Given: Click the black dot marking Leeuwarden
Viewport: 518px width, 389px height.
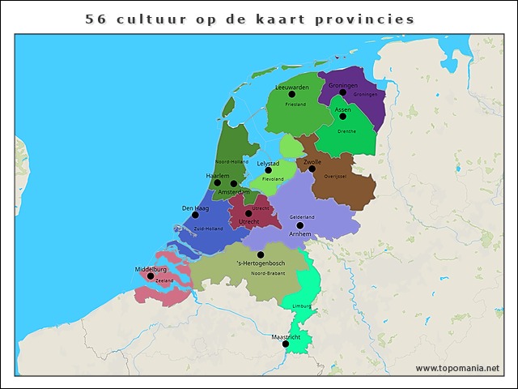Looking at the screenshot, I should (292, 95).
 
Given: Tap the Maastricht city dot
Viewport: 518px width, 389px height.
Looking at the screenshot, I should (286, 344).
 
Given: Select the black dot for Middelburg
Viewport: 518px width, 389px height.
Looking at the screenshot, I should (151, 276).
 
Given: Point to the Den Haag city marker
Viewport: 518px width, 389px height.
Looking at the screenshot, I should (195, 216).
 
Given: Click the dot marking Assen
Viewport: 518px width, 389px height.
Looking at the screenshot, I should (343, 117).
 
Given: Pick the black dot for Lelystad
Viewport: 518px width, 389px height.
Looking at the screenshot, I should (269, 171).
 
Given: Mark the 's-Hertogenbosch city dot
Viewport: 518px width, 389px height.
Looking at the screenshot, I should (261, 254).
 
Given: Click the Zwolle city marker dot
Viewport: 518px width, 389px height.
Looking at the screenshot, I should (312, 169).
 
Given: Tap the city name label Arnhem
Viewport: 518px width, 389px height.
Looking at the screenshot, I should (300, 233).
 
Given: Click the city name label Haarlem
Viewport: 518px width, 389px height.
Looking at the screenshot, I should (219, 175).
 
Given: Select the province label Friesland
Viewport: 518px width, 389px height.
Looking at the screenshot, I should (295, 105).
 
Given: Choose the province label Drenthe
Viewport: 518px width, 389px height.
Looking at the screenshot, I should (346, 130).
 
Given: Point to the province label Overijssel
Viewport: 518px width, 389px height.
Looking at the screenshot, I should (335, 176).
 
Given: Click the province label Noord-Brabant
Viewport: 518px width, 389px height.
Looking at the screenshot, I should (267, 274).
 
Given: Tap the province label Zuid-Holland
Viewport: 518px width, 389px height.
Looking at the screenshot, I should (208, 229).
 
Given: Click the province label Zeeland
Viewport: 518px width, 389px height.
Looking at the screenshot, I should (164, 280).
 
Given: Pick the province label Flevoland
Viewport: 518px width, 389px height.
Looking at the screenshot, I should (273, 179).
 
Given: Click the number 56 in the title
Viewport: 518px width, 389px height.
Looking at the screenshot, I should (96, 19).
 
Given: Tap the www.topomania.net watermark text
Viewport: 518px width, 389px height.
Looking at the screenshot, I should (457, 368).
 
